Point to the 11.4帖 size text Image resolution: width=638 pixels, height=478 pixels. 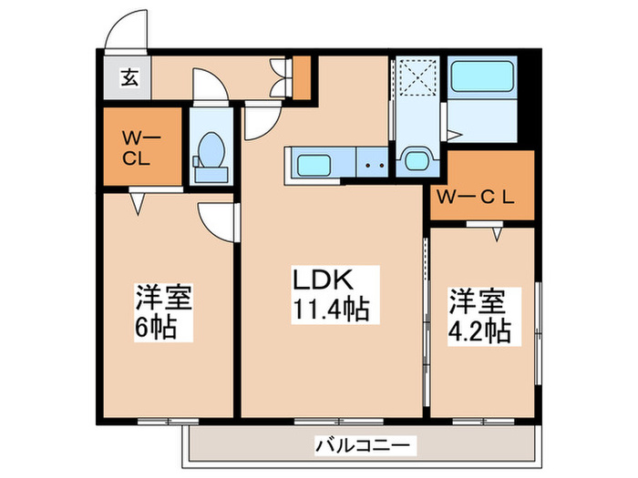coord(330,310)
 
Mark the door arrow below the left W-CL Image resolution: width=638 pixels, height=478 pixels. coord(139,202)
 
